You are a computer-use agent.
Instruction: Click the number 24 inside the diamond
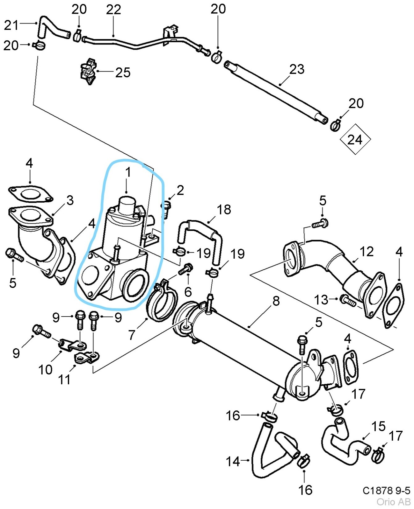[355, 140]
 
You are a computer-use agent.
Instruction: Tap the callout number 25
[123, 73]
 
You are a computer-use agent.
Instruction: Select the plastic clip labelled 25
[89, 71]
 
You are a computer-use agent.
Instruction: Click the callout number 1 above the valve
[128, 172]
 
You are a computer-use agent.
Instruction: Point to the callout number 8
[276, 301]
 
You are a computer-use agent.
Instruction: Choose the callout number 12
[366, 252]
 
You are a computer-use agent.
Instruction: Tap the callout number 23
[297, 69]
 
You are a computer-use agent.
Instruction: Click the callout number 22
[113, 10]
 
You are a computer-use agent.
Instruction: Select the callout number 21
[11, 25]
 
